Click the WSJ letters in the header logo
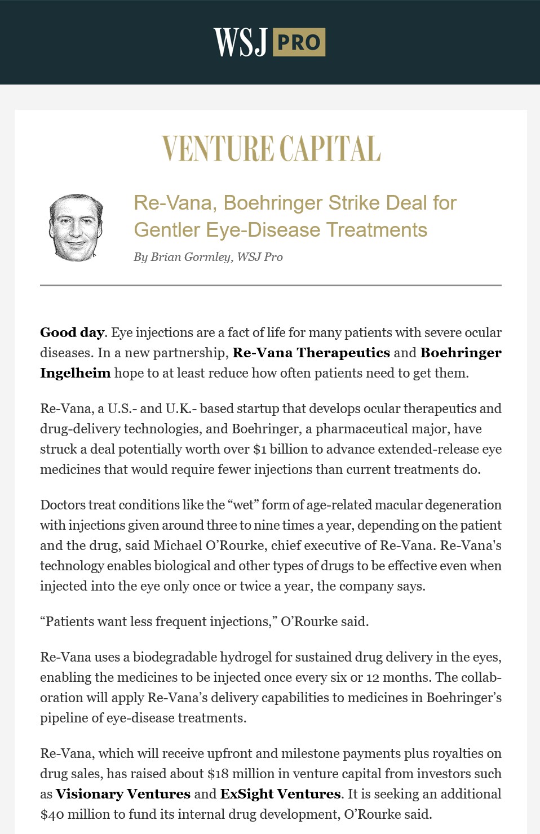click(240, 42)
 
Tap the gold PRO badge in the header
click(299, 42)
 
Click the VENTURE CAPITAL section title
click(271, 149)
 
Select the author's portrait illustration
click(76, 228)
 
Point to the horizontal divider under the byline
click(271, 286)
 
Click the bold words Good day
click(72, 332)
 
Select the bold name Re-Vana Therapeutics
click(311, 353)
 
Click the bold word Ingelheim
click(75, 373)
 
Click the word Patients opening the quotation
click(69, 622)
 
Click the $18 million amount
click(241, 774)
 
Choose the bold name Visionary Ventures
click(123, 794)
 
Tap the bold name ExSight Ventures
click(280, 794)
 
